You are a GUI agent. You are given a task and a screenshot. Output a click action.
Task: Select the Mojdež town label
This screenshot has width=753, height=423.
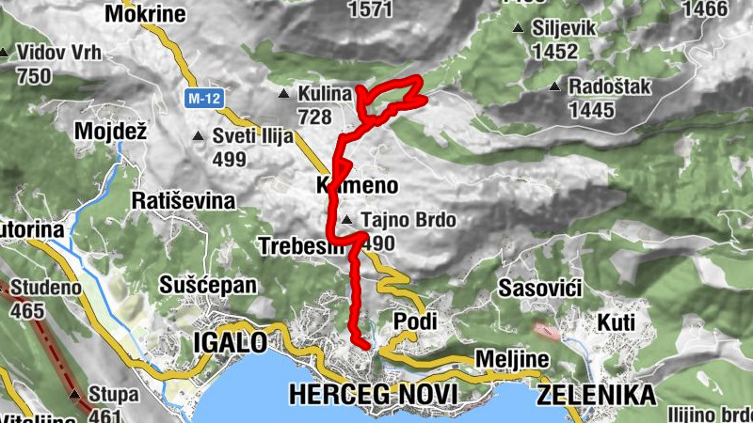[112, 132]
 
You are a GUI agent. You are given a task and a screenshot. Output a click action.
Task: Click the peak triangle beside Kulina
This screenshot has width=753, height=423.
[284, 93]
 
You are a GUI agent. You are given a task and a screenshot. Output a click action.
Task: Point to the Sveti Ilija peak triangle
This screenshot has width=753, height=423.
[198, 137]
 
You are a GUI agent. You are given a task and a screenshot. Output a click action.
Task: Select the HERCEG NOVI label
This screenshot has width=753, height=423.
[373, 394]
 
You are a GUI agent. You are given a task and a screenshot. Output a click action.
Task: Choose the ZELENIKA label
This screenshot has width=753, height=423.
[596, 395]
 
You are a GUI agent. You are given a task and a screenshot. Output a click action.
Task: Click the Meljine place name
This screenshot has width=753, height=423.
[509, 361]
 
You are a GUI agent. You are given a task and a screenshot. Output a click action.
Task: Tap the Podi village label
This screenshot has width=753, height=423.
[415, 321]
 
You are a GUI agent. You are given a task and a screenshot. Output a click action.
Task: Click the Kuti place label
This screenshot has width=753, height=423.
[617, 322]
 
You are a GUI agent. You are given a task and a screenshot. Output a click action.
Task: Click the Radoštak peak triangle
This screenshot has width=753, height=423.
[555, 87]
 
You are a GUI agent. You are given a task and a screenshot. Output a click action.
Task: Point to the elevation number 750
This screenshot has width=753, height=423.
[33, 76]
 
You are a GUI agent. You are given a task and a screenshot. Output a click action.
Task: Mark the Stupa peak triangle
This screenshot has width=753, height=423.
[75, 394]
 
